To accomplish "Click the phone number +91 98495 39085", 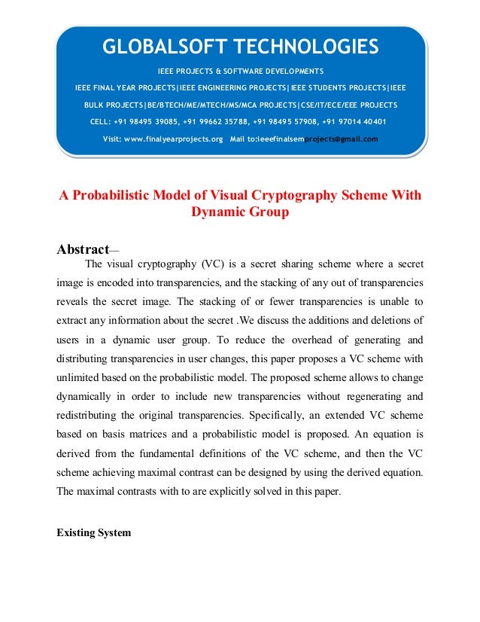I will pos(148,121).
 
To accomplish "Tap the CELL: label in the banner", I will pos(102,121).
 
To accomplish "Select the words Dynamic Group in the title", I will pos(240,212).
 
